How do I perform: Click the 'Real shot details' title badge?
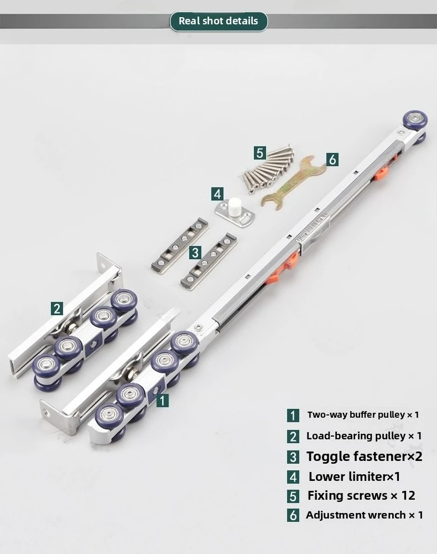tap(218, 21)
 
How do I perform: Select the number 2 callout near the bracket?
tap(56, 309)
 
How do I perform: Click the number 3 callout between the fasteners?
tap(195, 253)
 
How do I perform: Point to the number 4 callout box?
tap(217, 194)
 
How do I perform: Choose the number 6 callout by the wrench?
tap(332, 160)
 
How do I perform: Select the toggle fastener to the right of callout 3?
tap(209, 261)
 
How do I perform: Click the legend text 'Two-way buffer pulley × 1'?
tap(363, 414)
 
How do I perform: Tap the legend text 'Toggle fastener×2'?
tap(364, 456)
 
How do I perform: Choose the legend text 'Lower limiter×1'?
tap(354, 476)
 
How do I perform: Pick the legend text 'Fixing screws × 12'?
tap(361, 495)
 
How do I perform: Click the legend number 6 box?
tap(293, 515)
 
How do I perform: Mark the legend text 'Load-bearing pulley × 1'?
tap(364, 435)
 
